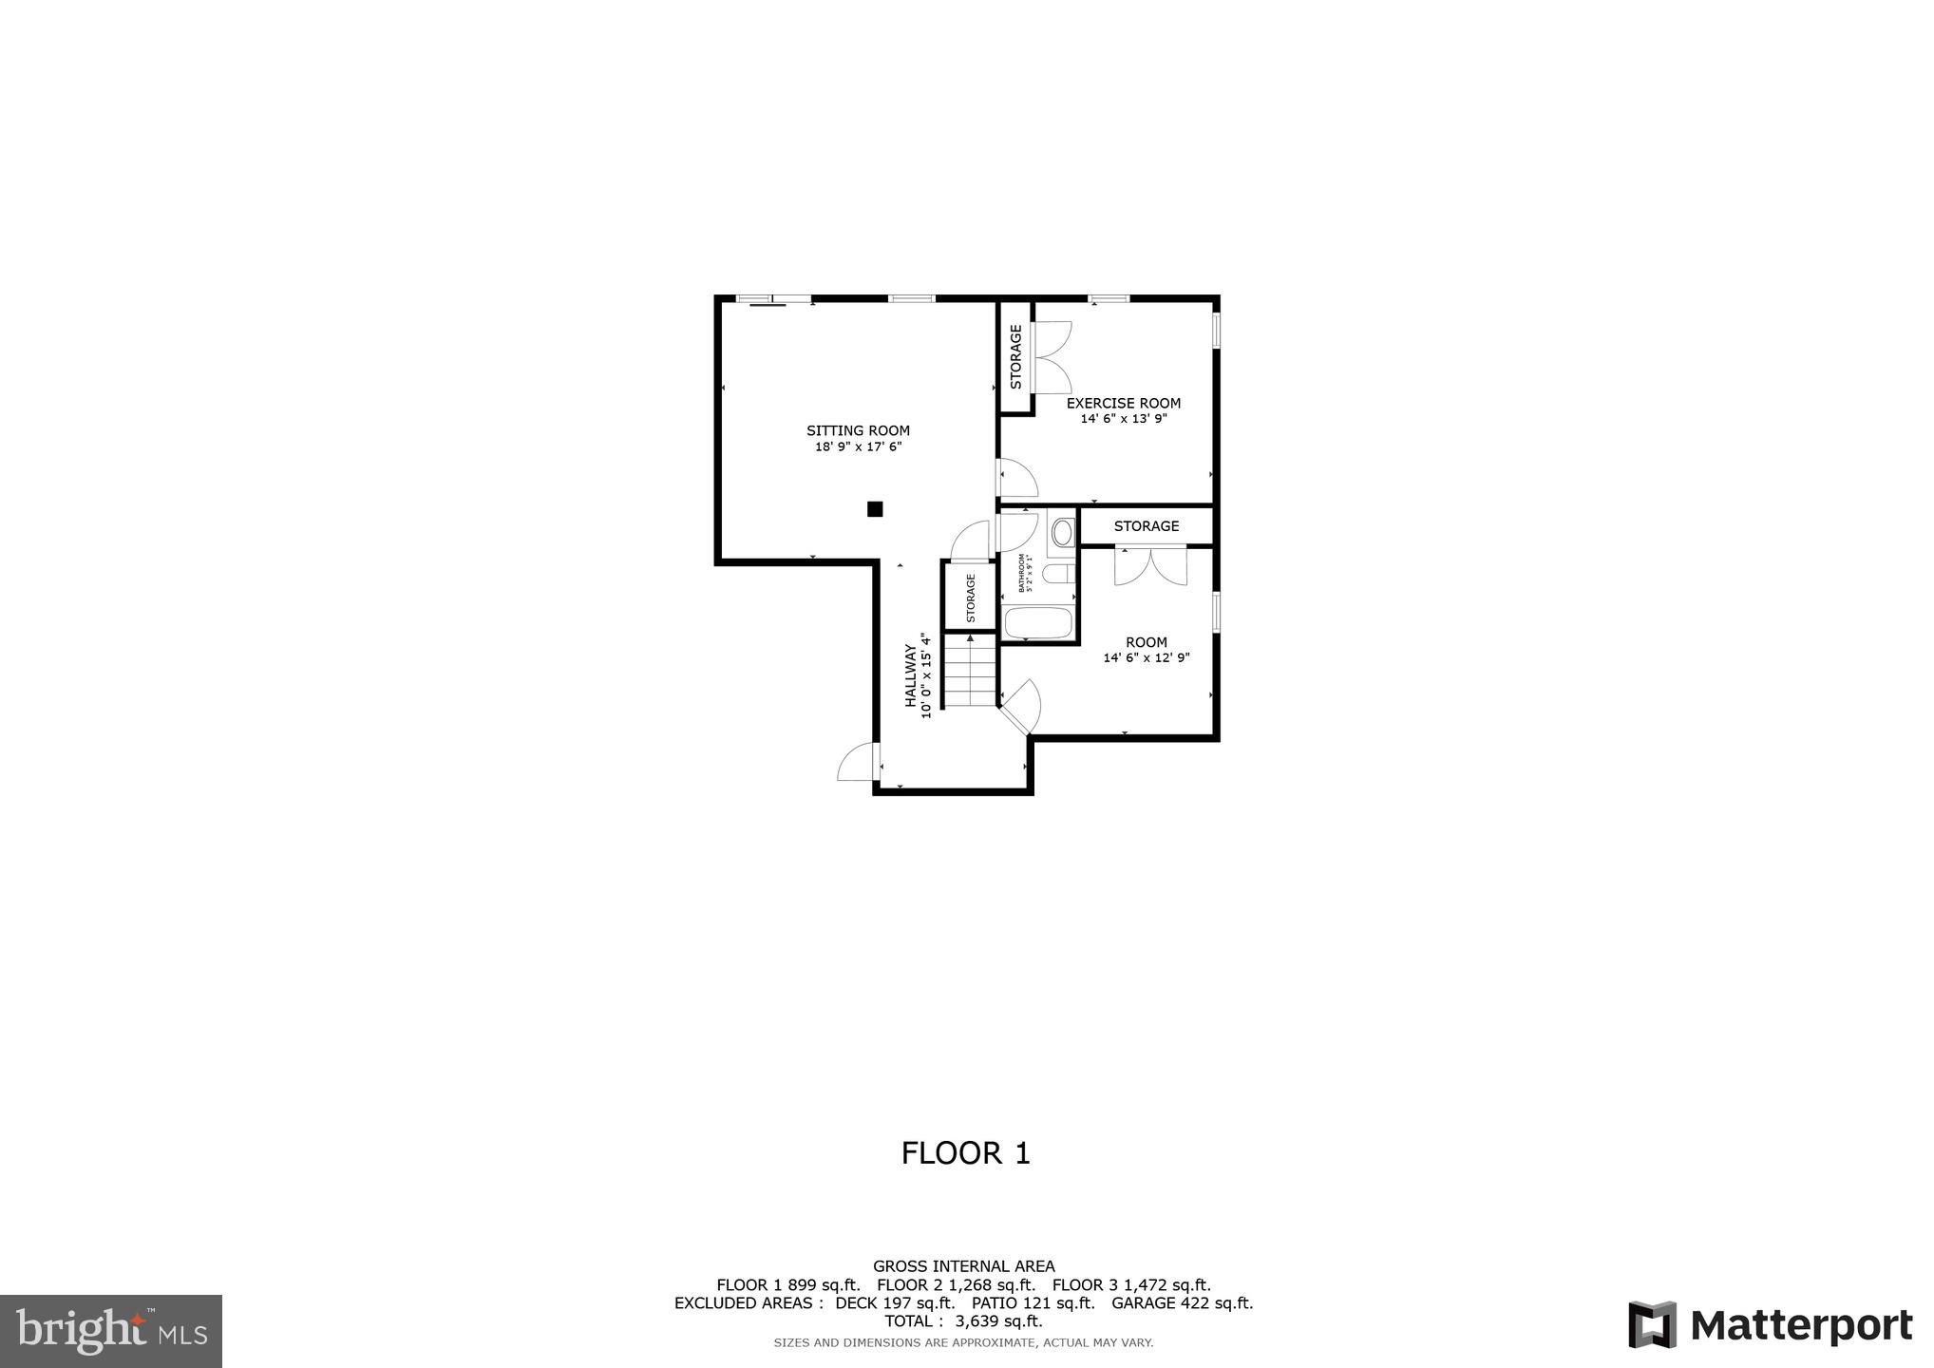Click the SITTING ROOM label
coord(858,430)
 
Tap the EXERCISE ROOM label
coord(1123,403)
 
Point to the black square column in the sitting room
coord(875,509)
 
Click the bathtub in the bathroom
coord(1038,623)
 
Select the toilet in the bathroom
coord(1057,574)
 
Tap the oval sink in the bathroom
coord(1062,532)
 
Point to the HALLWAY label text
coord(910,675)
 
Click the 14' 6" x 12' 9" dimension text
coord(1146,657)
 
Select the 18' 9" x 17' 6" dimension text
coord(858,446)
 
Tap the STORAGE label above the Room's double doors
coord(1146,525)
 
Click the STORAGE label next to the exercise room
coord(1015,357)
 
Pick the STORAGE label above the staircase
coord(970,598)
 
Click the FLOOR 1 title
coord(965,1152)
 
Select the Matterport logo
coord(1770,1324)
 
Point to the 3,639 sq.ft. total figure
coord(998,1321)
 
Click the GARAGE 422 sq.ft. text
coord(1182,1303)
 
